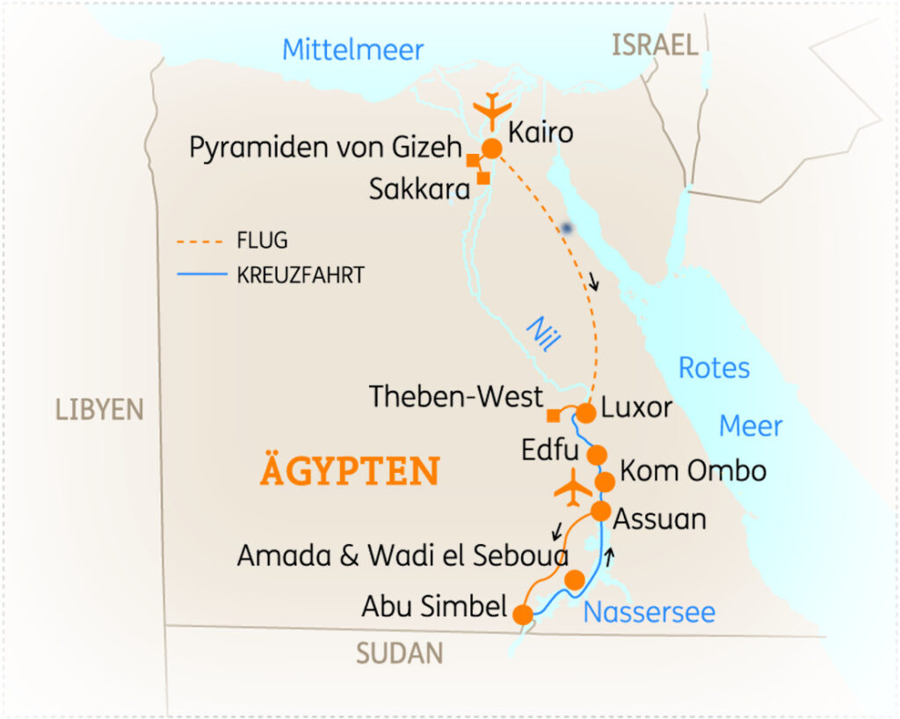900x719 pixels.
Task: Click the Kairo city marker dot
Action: [491, 149]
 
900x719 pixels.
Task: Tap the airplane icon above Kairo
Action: [491, 110]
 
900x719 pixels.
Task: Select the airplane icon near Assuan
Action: [572, 489]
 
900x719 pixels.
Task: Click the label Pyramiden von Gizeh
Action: [325, 148]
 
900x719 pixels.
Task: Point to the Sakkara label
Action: [419, 189]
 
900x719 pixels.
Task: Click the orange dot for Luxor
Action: [586, 412]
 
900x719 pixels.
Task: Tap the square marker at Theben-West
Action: [553, 415]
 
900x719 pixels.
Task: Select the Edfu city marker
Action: [596, 454]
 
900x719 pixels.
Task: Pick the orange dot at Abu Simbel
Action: [523, 614]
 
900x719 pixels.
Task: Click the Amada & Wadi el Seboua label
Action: [403, 556]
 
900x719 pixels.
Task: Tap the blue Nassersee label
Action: [649, 612]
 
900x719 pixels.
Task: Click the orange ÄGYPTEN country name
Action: [349, 471]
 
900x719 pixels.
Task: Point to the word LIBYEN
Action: [99, 410]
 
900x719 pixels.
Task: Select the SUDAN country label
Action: [399, 653]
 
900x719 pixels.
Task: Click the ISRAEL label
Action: [655, 45]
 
